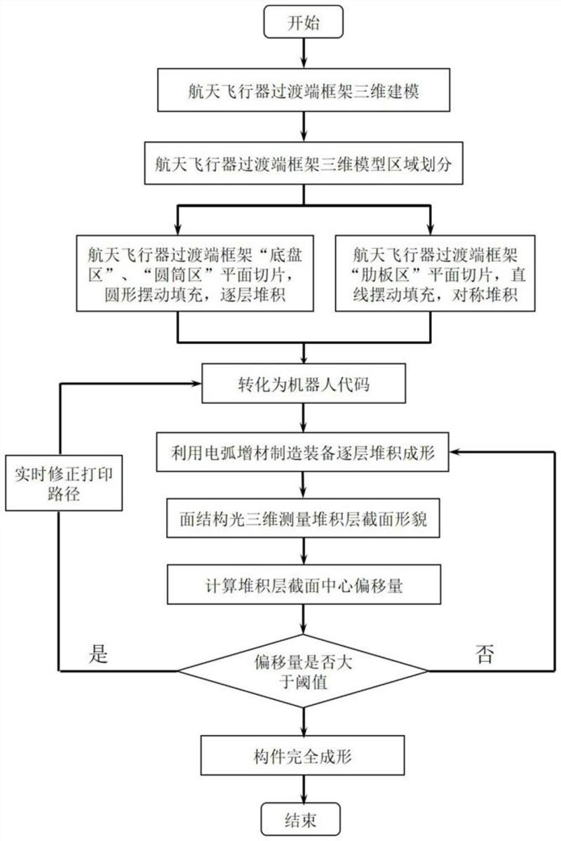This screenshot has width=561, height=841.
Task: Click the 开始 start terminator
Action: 303,22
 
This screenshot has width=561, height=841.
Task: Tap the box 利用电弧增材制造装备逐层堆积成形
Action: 303,453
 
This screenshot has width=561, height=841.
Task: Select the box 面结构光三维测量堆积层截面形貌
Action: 303,520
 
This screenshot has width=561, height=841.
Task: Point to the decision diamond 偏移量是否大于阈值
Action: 303,670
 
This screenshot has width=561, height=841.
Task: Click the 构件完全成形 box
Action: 303,755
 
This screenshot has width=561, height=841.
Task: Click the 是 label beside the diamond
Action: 99,654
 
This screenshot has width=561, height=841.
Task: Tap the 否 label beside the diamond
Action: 485,654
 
